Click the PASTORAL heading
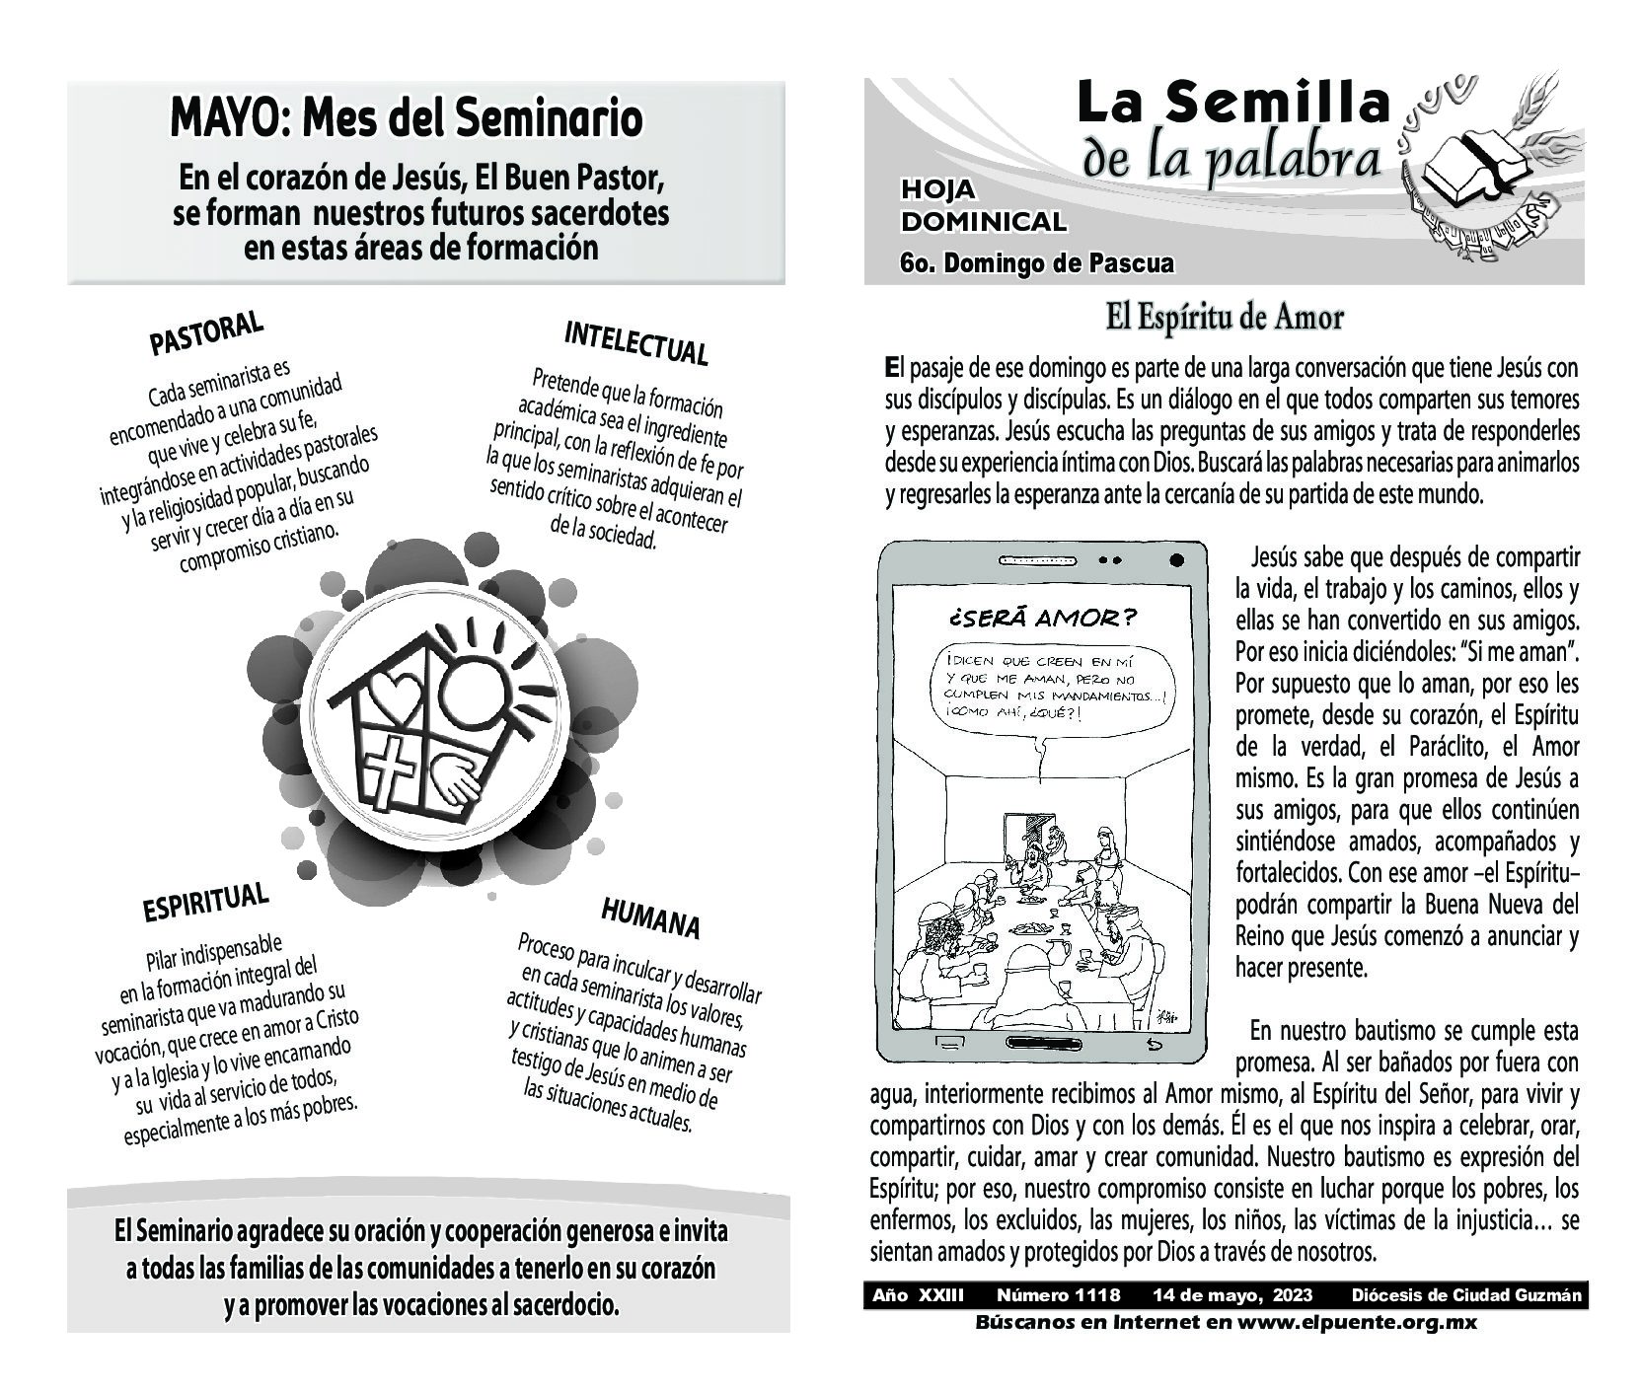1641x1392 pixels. click(206, 333)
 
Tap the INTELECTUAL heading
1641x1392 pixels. click(635, 342)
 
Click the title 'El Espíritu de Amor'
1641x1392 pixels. click(1224, 319)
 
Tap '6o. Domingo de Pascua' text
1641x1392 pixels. click(1036, 263)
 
